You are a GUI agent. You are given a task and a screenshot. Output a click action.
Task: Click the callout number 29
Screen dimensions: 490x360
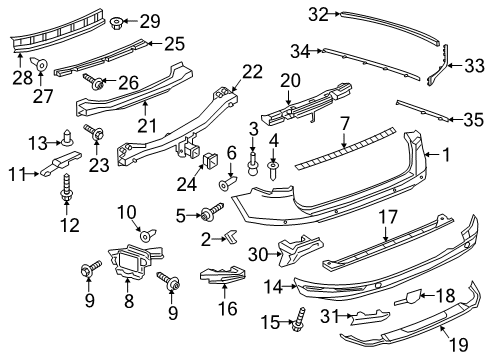coord(150,22)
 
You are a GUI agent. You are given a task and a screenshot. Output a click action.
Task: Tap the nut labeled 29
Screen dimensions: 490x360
coord(116,23)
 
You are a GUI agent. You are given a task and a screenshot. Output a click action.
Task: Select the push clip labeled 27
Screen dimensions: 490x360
coord(40,64)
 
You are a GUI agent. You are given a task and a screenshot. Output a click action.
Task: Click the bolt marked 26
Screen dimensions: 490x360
coord(93,82)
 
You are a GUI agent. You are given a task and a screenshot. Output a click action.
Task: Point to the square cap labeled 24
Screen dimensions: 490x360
coord(210,159)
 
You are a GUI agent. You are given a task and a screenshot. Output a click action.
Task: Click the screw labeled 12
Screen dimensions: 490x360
coord(65,188)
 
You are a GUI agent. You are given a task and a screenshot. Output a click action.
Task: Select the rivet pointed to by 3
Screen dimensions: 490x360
coord(253,164)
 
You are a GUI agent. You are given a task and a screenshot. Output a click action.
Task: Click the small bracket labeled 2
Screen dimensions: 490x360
coord(231,235)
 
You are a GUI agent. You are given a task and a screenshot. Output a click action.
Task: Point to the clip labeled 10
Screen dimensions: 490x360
coord(148,235)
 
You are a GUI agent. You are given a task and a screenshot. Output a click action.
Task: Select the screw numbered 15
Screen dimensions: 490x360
coord(299,319)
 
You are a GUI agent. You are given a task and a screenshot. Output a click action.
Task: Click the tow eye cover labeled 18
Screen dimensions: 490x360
coord(408,297)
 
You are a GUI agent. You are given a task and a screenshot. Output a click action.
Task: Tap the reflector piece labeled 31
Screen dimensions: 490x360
coord(370,317)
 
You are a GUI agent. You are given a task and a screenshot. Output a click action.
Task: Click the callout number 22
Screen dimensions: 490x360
coord(252,72)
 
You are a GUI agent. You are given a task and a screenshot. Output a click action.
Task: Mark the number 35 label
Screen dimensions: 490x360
coord(473,120)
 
